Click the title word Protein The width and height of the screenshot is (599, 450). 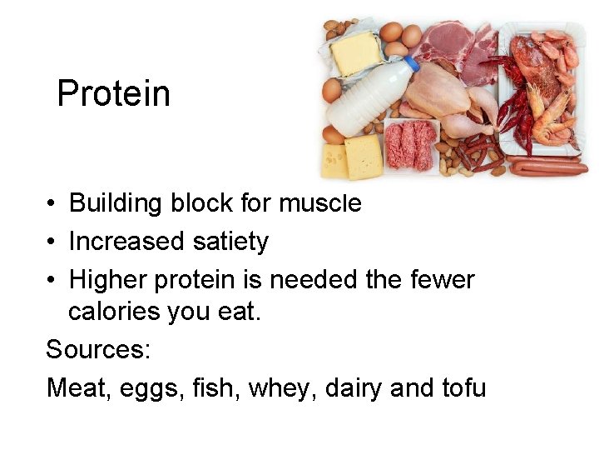click(x=113, y=93)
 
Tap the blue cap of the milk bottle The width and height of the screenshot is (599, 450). click(x=411, y=64)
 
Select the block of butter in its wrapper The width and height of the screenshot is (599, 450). click(x=355, y=52)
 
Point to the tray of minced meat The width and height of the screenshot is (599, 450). click(x=409, y=144)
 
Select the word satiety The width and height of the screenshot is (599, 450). click(x=230, y=242)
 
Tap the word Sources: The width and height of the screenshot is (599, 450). click(x=98, y=349)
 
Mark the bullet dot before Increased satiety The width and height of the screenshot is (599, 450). click(x=51, y=242)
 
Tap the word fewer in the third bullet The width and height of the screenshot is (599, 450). click(x=442, y=279)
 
